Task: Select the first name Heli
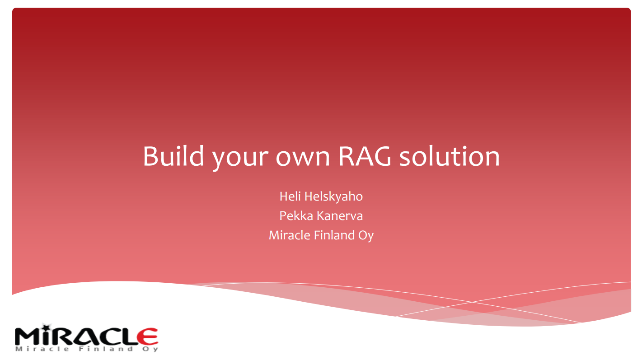289,196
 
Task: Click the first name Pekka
295,216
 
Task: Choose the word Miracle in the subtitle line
286,235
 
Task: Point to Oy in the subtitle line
366,236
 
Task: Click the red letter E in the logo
147,336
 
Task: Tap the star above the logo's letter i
45,326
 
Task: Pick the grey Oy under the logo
152,349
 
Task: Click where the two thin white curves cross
472,302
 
